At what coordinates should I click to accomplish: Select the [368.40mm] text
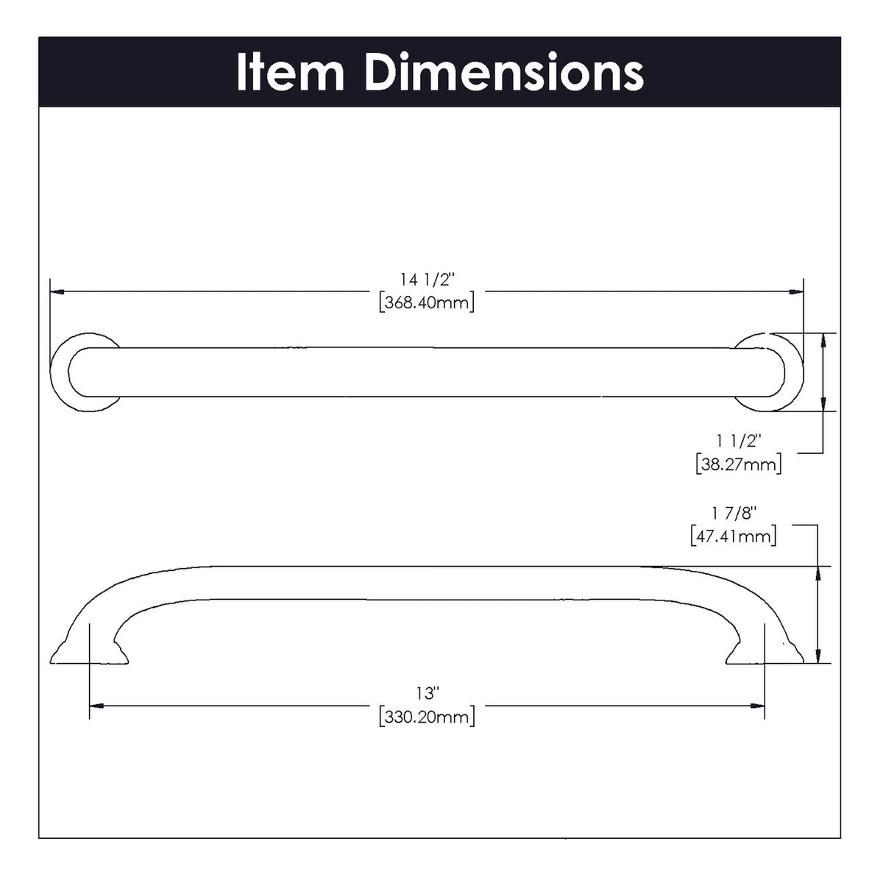point(427,302)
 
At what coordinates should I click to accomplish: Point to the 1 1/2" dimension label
point(739,441)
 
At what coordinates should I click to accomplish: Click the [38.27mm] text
point(738,464)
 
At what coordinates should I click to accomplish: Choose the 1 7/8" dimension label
point(734,513)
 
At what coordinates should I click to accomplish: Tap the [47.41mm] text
point(734,536)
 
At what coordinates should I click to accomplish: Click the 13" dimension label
point(427,692)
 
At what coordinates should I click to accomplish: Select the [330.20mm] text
point(427,716)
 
